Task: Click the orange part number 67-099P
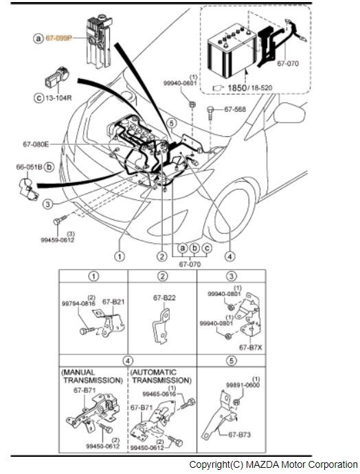click(x=58, y=38)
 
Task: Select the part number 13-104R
click(x=58, y=98)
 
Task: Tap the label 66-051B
click(x=30, y=167)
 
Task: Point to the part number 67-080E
click(x=36, y=144)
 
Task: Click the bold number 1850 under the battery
click(x=236, y=88)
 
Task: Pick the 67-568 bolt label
click(x=235, y=109)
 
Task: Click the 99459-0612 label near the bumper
click(x=58, y=240)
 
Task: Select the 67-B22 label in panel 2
click(x=164, y=297)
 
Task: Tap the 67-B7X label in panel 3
click(x=251, y=348)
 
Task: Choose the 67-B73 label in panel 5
click(x=239, y=435)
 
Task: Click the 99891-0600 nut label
click(x=243, y=385)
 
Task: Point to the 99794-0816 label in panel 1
click(x=78, y=303)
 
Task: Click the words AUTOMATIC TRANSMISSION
click(x=161, y=376)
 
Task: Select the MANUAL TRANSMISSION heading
click(x=92, y=376)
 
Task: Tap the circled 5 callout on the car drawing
click(x=172, y=124)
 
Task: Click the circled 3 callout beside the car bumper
click(x=48, y=204)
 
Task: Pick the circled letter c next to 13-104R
click(x=38, y=98)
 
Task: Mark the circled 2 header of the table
click(x=162, y=276)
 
